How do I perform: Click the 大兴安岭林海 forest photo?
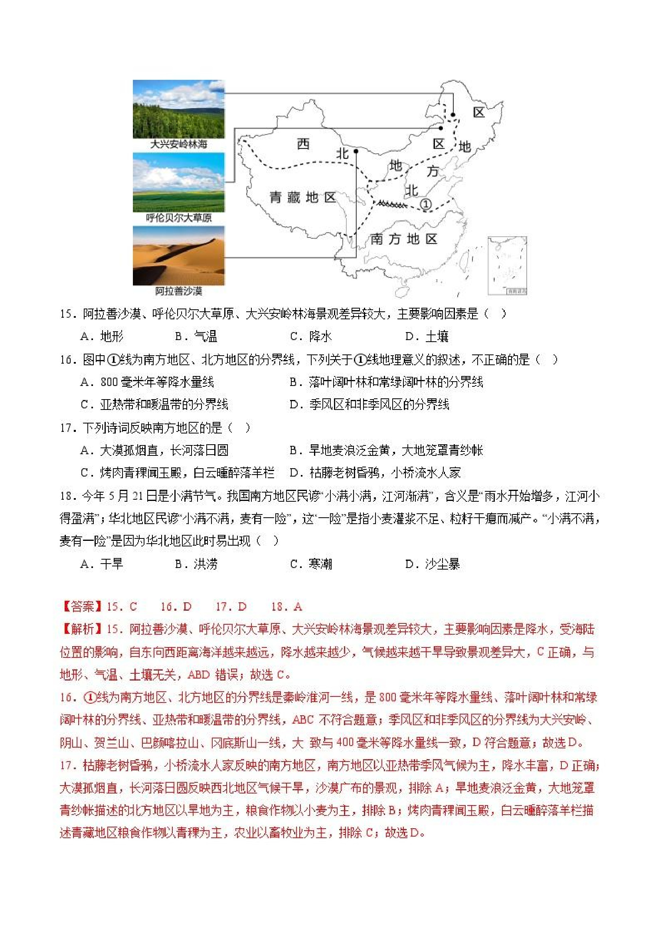coord(178,109)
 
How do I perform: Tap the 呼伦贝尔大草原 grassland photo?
coord(178,182)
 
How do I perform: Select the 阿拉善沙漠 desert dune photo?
coord(178,255)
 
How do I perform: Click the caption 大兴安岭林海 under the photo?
coord(178,144)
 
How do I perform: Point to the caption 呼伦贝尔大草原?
coord(178,218)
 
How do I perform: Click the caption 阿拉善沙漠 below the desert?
coord(178,291)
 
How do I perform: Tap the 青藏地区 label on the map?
coord(302,198)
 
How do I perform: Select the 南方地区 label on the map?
coord(403,239)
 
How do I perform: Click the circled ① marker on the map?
coord(425,204)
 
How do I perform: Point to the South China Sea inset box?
coord(507,265)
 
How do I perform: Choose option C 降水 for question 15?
coord(311,336)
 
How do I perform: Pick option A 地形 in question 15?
coord(102,336)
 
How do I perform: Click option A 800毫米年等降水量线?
coord(147,382)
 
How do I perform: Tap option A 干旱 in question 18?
coord(102,564)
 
